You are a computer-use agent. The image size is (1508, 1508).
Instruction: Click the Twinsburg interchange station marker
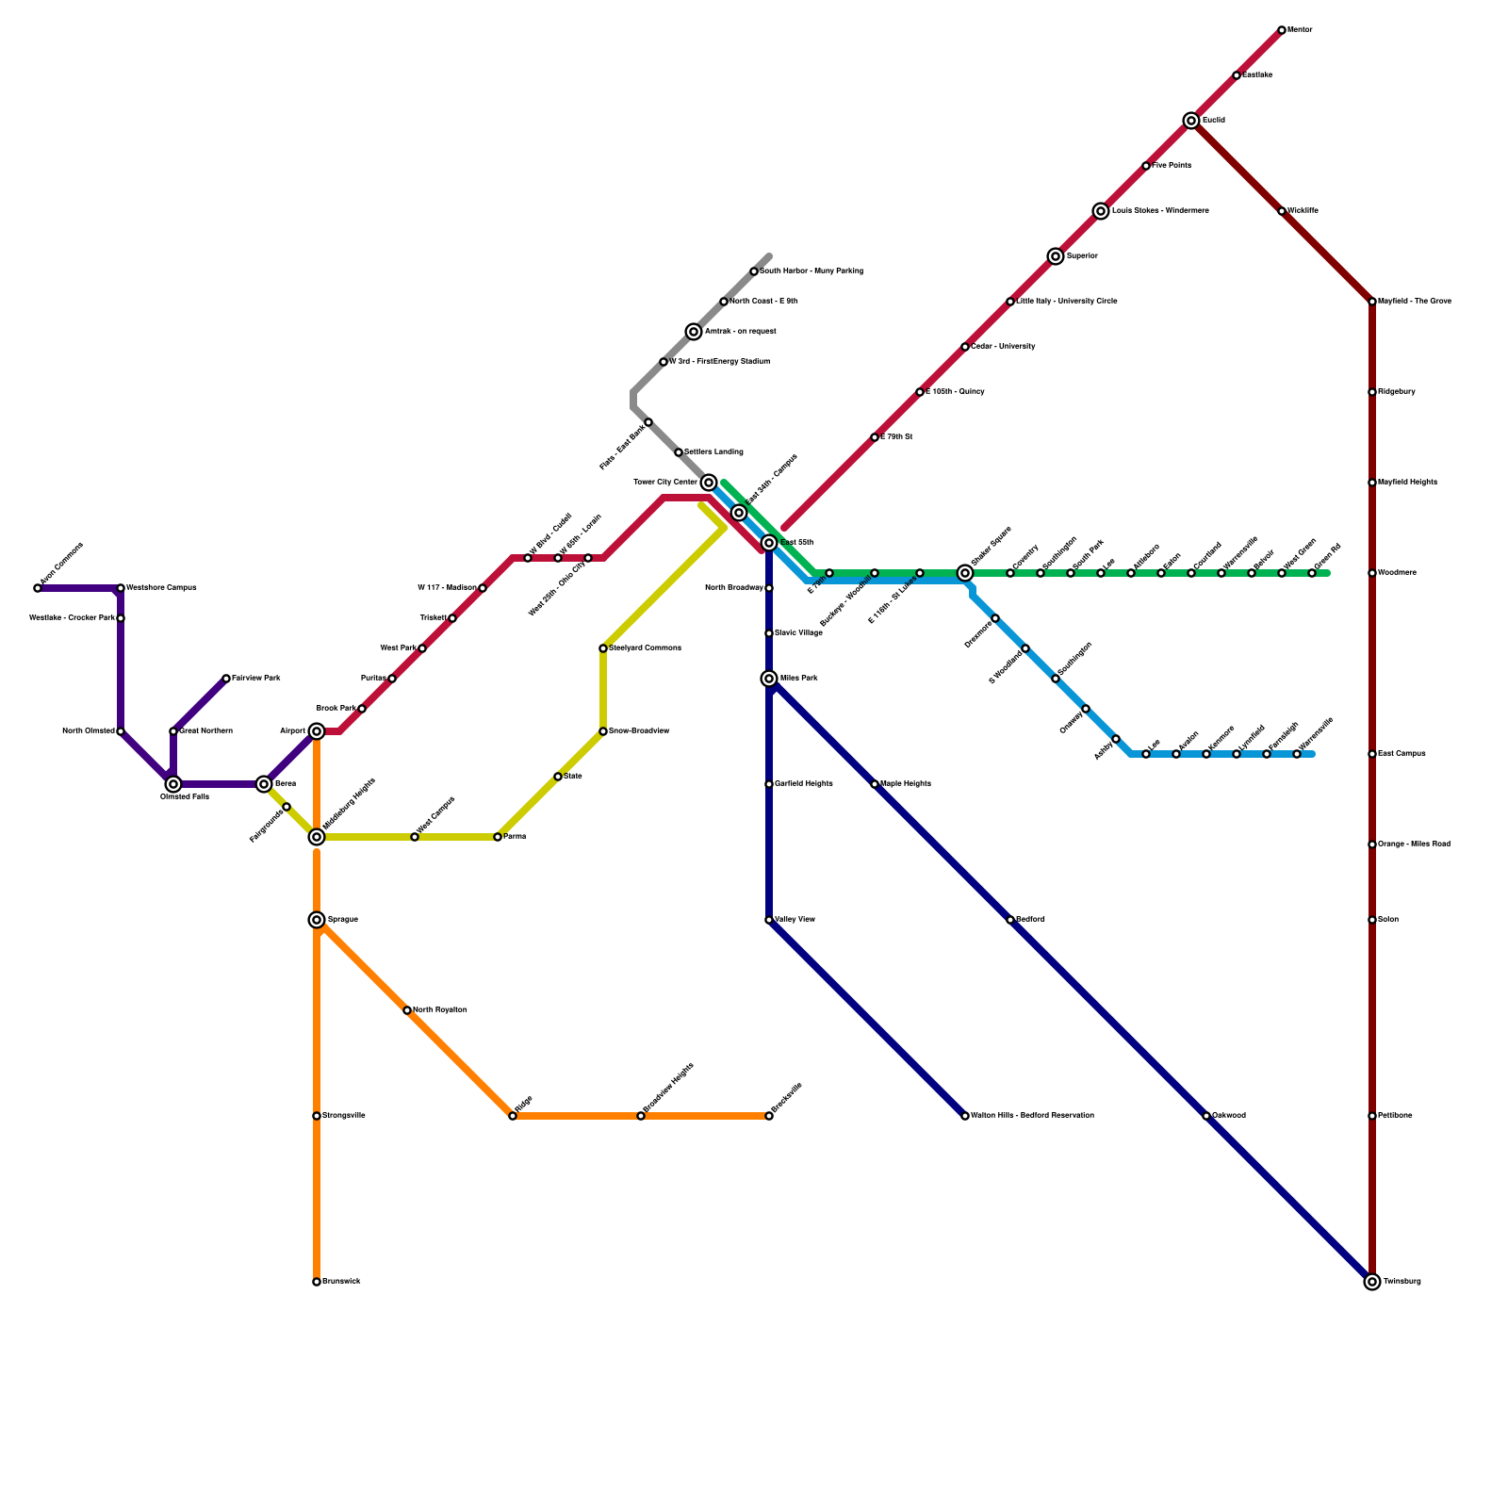pos(1372,1282)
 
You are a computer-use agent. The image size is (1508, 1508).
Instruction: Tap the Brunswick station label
pos(341,1282)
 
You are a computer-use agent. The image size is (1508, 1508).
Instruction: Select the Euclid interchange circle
pos(1191,121)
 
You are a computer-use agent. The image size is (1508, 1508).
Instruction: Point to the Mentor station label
pos(1300,30)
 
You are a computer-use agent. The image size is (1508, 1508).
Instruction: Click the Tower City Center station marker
pos(709,483)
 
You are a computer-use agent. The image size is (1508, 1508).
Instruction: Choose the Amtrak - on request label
pos(740,332)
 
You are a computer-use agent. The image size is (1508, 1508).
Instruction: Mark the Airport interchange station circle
pos(317,731)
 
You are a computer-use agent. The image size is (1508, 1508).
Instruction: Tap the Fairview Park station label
pos(255,679)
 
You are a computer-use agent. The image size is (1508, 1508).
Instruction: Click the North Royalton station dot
pos(407,1010)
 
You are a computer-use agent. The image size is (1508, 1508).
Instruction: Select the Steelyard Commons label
pos(645,648)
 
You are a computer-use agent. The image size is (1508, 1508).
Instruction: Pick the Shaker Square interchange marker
pos(965,573)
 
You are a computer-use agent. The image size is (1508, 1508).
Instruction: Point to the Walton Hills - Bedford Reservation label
pos(1032,1116)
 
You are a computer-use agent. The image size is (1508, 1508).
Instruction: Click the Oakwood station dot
pos(1206,1116)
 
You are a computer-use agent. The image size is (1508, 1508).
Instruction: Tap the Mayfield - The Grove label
pos(1414,302)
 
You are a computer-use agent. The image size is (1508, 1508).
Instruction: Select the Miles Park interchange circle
pos(769,679)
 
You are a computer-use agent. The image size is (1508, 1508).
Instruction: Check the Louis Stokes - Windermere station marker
pos(1101,211)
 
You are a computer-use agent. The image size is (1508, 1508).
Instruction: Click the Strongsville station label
pos(343,1116)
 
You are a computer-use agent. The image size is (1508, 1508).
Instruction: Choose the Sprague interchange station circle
pos(317,920)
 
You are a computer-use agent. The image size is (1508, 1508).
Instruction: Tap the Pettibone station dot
pos(1372,1116)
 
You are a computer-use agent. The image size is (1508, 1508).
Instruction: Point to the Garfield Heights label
pos(803,784)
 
